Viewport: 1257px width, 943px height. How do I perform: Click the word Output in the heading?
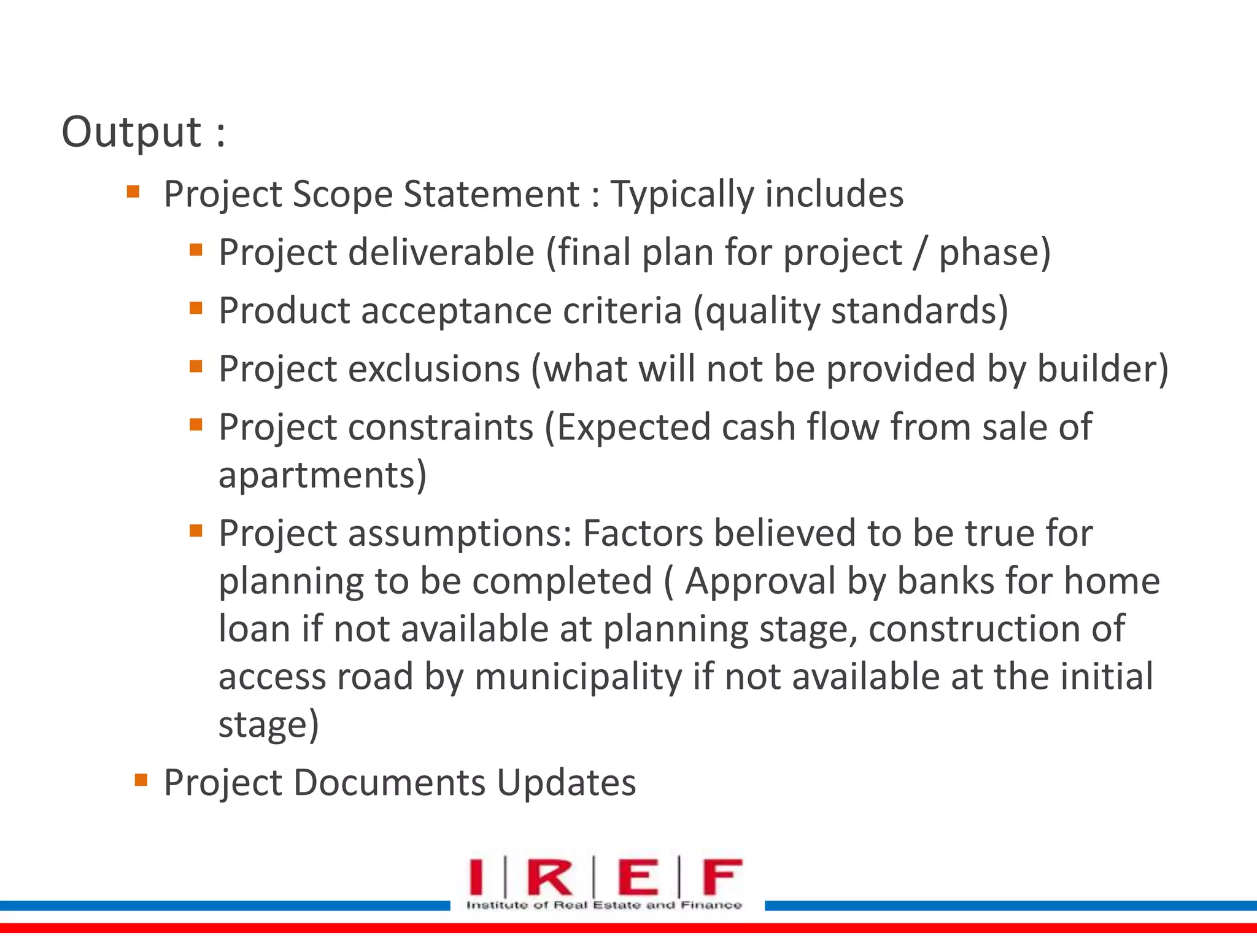pos(131,132)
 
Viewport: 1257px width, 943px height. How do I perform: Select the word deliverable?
pos(441,252)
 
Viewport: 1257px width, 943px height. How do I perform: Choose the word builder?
pos(1096,369)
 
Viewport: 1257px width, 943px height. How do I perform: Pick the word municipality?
pos(578,677)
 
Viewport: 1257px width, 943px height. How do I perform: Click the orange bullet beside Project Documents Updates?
pos(141,780)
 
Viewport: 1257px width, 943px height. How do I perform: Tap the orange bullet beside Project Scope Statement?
pos(133,192)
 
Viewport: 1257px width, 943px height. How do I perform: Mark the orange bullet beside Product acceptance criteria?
pos(196,308)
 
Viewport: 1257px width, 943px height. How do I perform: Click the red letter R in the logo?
pos(549,877)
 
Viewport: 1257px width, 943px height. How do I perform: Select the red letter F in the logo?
pos(721,877)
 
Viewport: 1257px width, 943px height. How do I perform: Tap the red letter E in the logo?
pos(638,877)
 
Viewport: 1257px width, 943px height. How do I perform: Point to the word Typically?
pos(681,195)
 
